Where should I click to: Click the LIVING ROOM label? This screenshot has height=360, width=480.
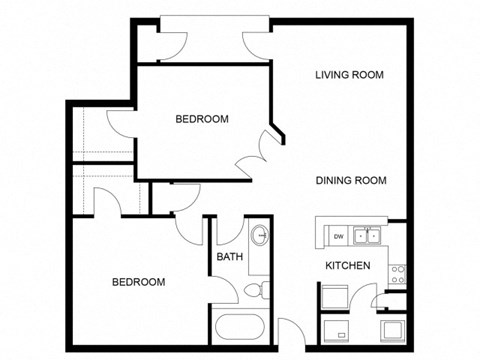point(349,75)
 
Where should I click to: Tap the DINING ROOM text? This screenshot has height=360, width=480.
point(350,181)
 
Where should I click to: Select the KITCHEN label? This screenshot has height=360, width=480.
point(348,266)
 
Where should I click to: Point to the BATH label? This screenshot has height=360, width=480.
point(228,256)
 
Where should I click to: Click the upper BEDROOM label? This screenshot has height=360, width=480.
point(202,119)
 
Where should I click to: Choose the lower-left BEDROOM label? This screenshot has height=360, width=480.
point(137,282)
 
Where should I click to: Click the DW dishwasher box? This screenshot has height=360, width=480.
point(339,237)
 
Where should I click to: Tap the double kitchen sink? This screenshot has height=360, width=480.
point(368,237)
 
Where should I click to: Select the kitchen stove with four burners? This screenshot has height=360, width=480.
point(398,270)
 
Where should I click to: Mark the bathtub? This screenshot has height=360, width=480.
point(239,327)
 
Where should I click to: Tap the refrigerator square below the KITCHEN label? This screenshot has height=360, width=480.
point(334,297)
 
